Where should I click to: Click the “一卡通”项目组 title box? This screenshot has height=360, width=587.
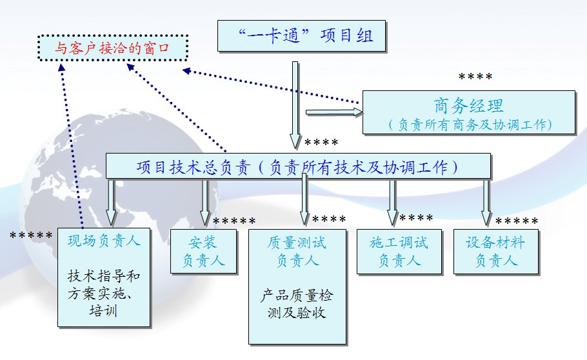click(303, 36)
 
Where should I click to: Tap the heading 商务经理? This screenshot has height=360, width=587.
click(469, 105)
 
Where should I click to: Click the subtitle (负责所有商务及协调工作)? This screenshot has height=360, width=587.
click(469, 123)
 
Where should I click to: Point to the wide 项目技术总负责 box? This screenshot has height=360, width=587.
click(298, 166)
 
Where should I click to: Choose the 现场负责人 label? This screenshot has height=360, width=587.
click(104, 242)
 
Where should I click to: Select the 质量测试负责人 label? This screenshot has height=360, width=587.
click(297, 252)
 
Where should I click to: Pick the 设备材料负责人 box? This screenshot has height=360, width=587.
click(495, 252)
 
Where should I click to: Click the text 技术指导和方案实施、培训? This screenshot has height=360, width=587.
click(104, 294)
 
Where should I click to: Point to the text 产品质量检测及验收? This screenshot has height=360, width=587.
click(297, 305)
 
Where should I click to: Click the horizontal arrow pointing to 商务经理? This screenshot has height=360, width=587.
click(334, 112)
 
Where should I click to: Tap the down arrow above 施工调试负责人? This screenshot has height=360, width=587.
click(392, 201)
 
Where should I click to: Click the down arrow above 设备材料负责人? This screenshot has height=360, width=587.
click(485, 201)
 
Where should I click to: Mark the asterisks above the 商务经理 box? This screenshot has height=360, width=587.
click(475, 77)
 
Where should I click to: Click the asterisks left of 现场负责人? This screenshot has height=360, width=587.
click(31, 235)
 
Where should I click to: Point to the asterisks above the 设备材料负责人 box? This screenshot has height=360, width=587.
click(517, 223)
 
